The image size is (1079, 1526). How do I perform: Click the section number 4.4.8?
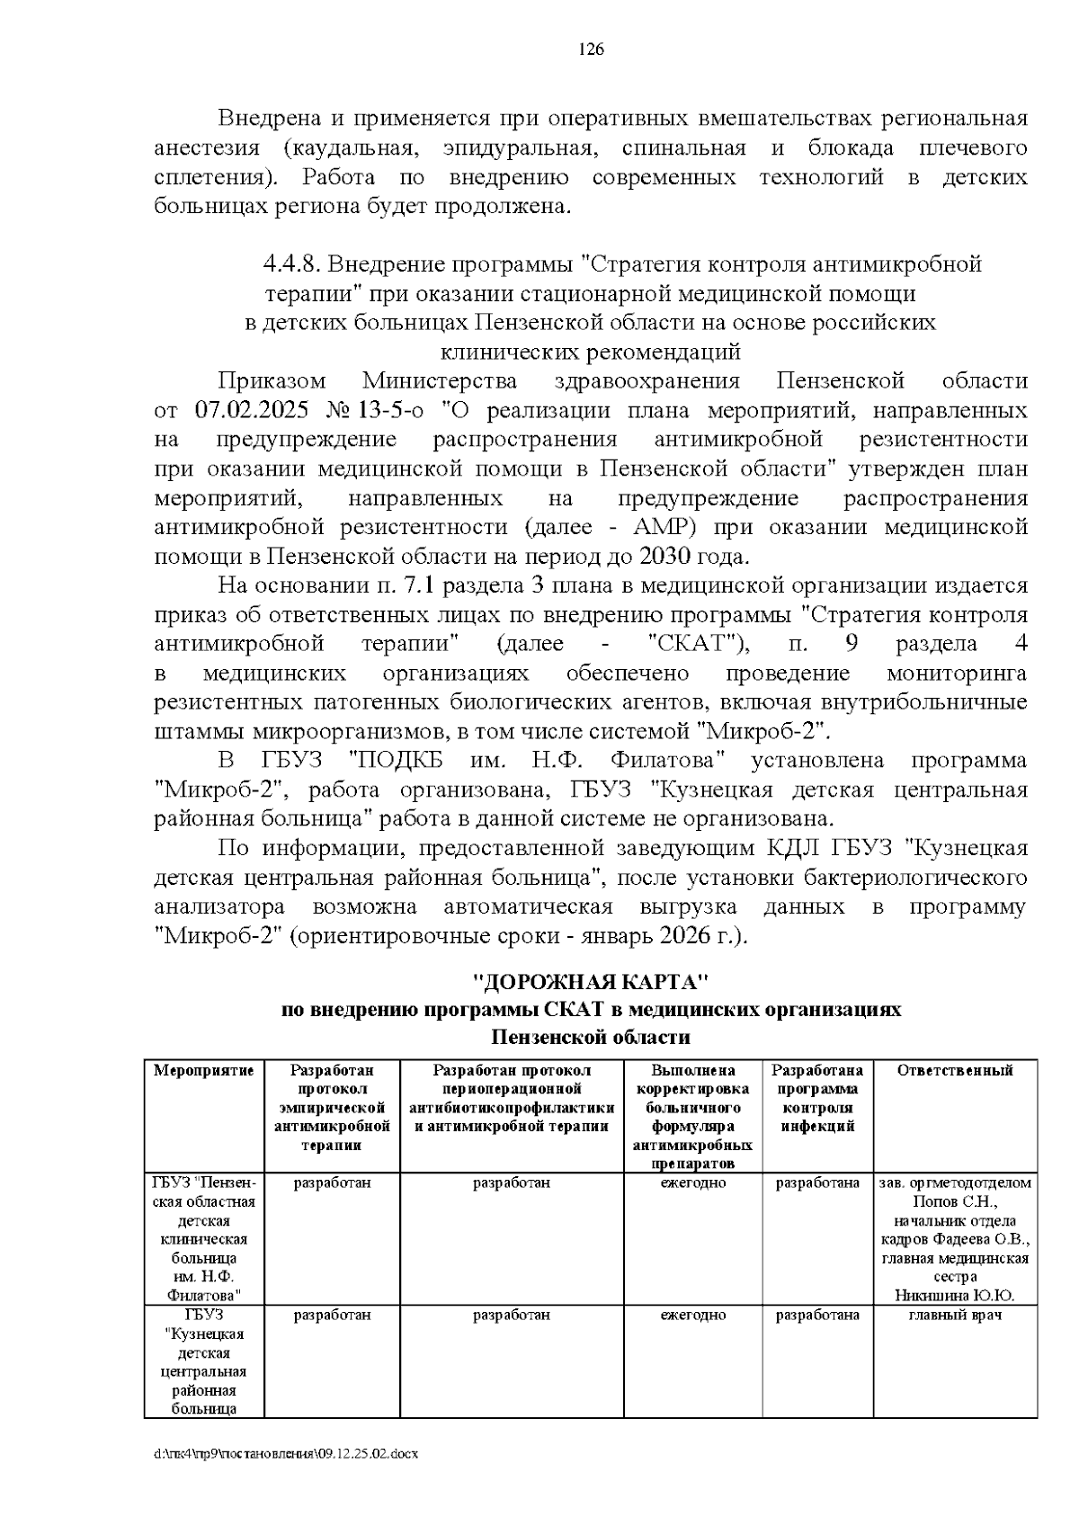coord(291,264)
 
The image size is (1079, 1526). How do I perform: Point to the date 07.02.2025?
coord(252,411)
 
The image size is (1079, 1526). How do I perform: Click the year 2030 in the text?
coord(665,556)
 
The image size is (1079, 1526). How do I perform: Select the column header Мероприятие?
coord(204,1070)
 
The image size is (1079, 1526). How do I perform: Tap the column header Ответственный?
coord(955,1070)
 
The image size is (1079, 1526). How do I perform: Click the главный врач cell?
coord(955,1315)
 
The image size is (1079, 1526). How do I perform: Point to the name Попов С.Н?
coord(955,1202)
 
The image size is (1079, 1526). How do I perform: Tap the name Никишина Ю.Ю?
coord(954,1295)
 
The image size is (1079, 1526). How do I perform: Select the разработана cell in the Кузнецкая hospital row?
coord(817,1315)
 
